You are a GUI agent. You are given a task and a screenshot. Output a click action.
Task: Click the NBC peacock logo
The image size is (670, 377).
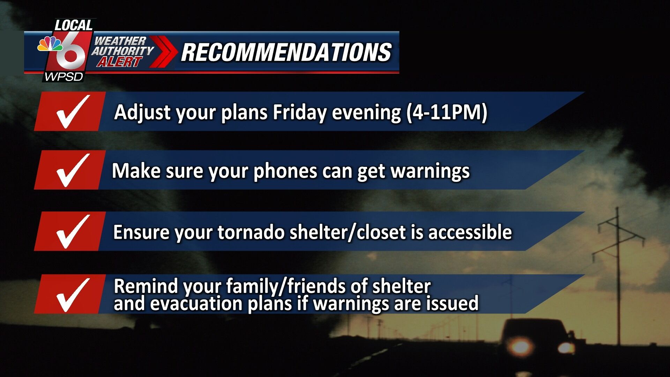(50, 44)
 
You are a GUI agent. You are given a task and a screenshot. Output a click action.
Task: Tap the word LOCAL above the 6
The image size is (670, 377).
(74, 25)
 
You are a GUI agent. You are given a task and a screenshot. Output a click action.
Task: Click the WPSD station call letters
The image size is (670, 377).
(64, 77)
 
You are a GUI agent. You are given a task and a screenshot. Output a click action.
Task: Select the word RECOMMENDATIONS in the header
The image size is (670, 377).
(286, 52)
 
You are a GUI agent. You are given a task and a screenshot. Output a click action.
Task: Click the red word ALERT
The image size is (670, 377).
(119, 62)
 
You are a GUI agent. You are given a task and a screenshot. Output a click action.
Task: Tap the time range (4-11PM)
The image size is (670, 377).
(447, 112)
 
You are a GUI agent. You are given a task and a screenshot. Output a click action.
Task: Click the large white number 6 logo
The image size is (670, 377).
(71, 52)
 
